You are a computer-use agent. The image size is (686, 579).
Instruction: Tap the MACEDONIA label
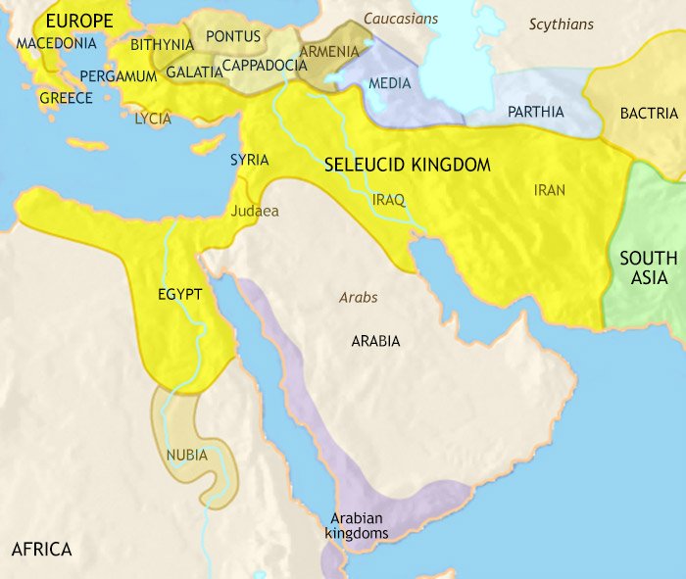coord(57,43)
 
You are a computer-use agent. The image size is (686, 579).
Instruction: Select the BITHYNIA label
coord(162,44)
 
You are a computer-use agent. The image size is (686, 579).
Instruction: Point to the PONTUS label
coord(233,37)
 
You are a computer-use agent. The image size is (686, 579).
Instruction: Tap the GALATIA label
coord(193,72)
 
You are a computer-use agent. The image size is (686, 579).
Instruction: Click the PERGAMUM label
coord(119,75)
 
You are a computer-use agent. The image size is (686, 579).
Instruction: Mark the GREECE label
coord(66,98)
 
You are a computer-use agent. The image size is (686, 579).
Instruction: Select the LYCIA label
coord(154,119)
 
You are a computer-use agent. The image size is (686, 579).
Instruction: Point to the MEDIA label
coord(389,82)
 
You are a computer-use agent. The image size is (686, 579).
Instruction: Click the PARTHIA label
coord(535,112)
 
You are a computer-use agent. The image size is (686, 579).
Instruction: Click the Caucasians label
coord(401,19)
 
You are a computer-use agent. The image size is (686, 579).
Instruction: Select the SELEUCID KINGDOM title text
coord(407,166)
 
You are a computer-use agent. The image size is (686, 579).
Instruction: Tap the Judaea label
coord(255,211)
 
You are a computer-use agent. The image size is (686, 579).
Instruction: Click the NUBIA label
coord(186,455)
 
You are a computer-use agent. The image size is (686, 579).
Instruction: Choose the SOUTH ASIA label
coord(648,267)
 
